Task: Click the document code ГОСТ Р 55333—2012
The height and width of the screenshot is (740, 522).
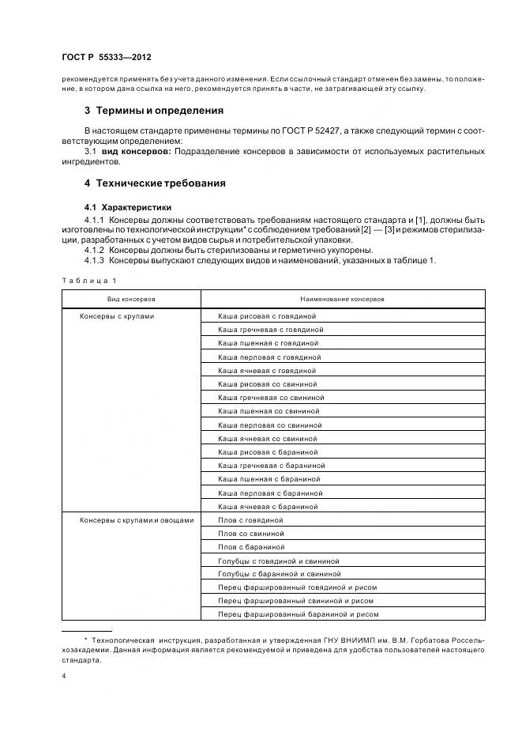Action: [x=107, y=59]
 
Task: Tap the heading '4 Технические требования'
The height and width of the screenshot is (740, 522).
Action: [x=155, y=183]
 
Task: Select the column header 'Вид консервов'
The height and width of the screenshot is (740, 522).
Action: [x=131, y=300]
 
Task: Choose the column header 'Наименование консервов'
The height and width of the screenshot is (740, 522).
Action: [x=343, y=300]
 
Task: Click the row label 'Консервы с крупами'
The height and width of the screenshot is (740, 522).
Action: [x=117, y=316]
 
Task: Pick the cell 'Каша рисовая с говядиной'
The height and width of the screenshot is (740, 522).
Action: [x=267, y=316]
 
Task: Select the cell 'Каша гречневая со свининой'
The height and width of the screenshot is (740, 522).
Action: [x=271, y=398]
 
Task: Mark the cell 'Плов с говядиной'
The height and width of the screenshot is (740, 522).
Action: [x=250, y=520]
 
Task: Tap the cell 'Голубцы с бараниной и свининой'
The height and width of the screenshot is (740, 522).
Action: [x=280, y=574]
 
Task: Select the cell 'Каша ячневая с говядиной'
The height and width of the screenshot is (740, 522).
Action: [x=267, y=370]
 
